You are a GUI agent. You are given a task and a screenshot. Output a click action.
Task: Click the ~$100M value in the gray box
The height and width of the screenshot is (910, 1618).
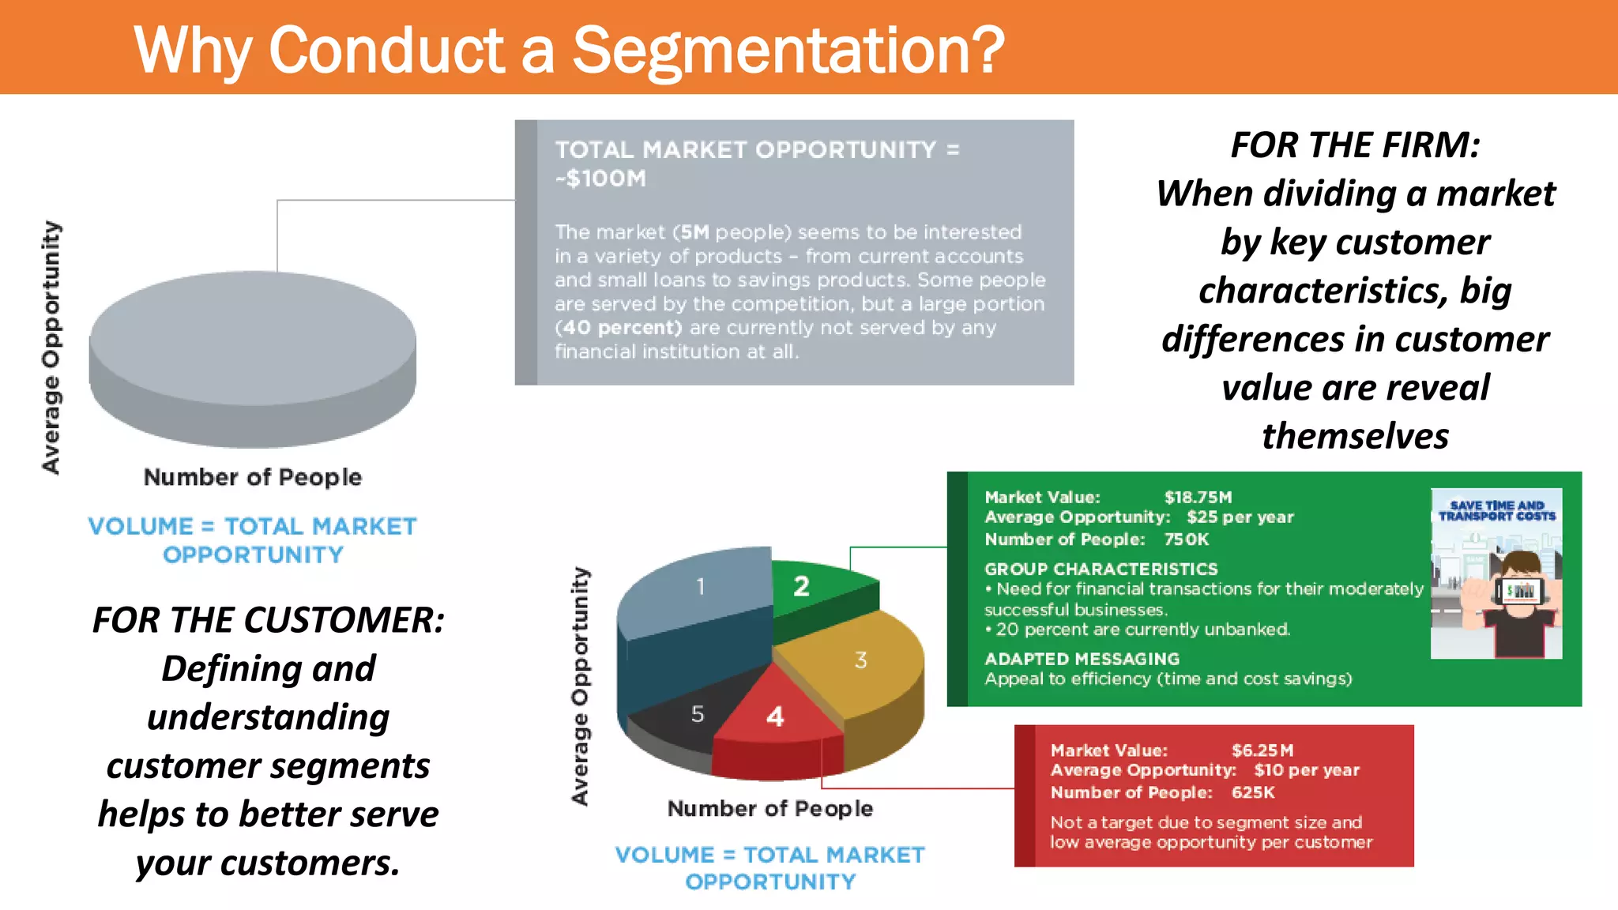pyautogui.click(x=600, y=179)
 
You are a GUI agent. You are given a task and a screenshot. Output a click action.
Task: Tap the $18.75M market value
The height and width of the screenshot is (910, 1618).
pyautogui.click(x=1198, y=497)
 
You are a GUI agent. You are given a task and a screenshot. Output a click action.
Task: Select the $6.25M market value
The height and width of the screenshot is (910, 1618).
pyautogui.click(x=1262, y=750)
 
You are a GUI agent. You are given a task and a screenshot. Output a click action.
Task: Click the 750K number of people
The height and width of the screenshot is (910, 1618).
pyautogui.click(x=1186, y=540)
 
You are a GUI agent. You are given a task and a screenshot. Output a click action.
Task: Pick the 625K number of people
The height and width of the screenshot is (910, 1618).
pyautogui.click(x=1253, y=792)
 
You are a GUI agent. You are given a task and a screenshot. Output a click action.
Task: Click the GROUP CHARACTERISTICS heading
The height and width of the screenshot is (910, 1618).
pyautogui.click(x=1101, y=569)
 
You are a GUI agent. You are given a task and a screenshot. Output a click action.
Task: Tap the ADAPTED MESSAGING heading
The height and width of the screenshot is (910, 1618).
pyautogui.click(x=1082, y=659)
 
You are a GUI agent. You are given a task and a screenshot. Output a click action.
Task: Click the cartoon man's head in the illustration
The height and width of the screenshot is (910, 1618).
pyautogui.click(x=1520, y=569)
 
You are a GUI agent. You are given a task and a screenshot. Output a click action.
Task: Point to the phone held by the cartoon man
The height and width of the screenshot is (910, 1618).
pyautogui.click(x=1520, y=591)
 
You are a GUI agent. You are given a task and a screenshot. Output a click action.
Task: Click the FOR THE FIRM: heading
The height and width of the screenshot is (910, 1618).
pyautogui.click(x=1355, y=145)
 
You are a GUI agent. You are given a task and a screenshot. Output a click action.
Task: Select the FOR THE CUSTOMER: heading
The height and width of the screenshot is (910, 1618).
pyautogui.click(x=269, y=620)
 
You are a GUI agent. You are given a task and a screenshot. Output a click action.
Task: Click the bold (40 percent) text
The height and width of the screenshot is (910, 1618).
pyautogui.click(x=618, y=328)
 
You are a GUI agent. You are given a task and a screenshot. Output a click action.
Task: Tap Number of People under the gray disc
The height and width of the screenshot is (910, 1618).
pyautogui.click(x=253, y=477)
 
